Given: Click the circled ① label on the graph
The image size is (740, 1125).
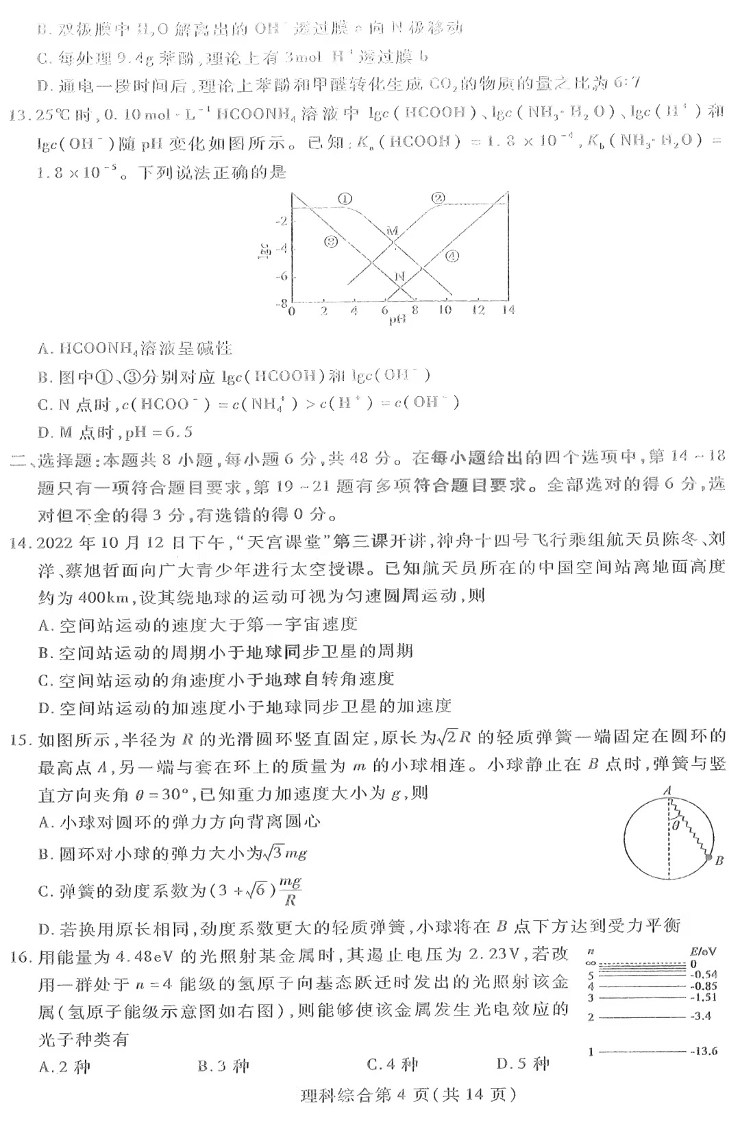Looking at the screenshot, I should (x=345, y=198).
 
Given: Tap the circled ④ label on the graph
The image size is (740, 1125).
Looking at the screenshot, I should (x=452, y=257).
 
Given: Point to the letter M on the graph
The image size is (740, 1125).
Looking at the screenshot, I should (x=392, y=231).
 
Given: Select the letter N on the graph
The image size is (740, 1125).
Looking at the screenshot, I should (x=400, y=276).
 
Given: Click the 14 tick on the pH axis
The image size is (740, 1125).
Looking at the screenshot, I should (x=508, y=311).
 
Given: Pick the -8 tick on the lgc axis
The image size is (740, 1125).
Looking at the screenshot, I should (x=281, y=303).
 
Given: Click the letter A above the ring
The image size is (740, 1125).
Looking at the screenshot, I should (x=667, y=790).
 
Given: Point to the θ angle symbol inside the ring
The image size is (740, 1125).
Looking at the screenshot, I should (x=675, y=826).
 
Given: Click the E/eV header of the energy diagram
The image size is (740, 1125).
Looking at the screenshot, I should (x=704, y=952).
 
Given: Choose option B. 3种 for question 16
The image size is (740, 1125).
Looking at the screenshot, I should (x=223, y=1065).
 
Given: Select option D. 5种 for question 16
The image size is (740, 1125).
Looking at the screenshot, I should (x=523, y=1064).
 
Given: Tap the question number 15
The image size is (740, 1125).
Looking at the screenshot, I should (x=20, y=739).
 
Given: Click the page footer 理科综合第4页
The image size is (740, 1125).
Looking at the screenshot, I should (x=407, y=1095).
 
